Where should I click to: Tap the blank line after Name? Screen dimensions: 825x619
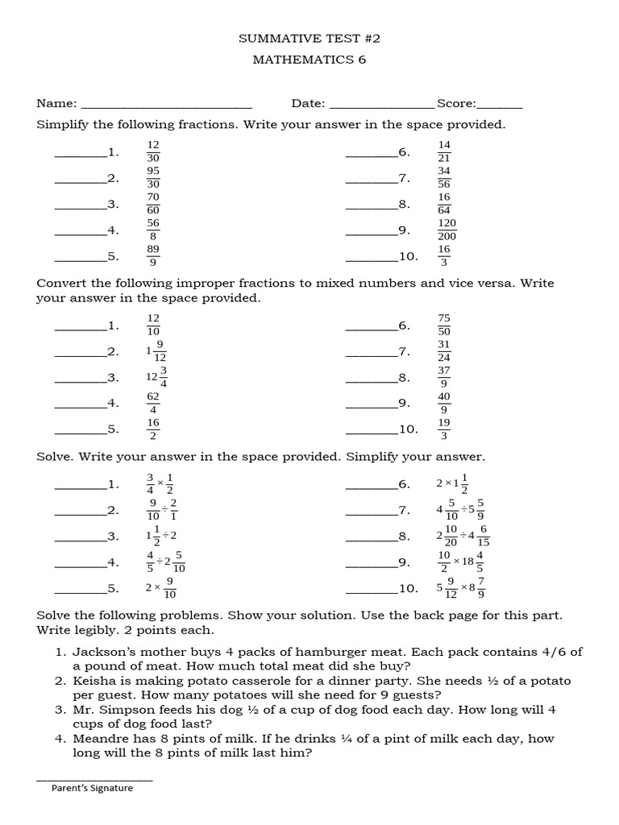tap(167, 105)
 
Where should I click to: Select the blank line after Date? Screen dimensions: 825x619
tap(382, 105)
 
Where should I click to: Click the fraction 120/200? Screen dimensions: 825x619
tap(447, 230)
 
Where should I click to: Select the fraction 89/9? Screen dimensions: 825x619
tap(153, 255)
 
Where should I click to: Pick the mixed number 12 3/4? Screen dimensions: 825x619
tap(156, 377)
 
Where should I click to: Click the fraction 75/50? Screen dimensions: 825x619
tap(444, 325)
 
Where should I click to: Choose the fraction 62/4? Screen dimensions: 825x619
tap(153, 403)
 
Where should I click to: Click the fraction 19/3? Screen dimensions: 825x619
tap(444, 429)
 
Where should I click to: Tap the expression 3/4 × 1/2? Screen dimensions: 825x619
tap(160, 483)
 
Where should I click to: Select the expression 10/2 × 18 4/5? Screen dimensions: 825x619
tap(459, 562)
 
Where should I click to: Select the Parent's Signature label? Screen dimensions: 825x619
tap(92, 788)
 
